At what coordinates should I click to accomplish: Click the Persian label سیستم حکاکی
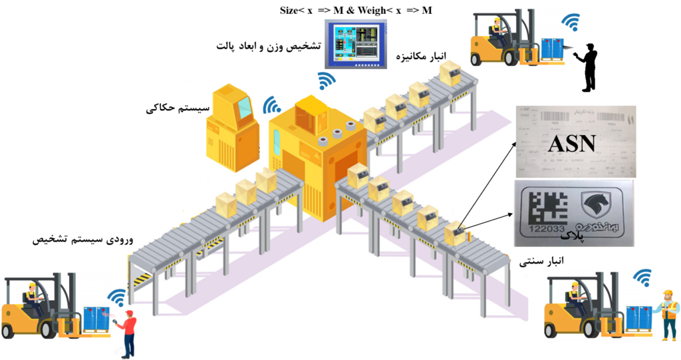click(178, 108)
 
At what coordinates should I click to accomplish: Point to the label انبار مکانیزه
click(423, 56)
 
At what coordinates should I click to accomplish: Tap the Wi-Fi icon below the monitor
click(326, 81)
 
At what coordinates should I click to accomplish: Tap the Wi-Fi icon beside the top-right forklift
click(571, 23)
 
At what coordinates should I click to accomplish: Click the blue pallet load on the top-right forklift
click(552, 49)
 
